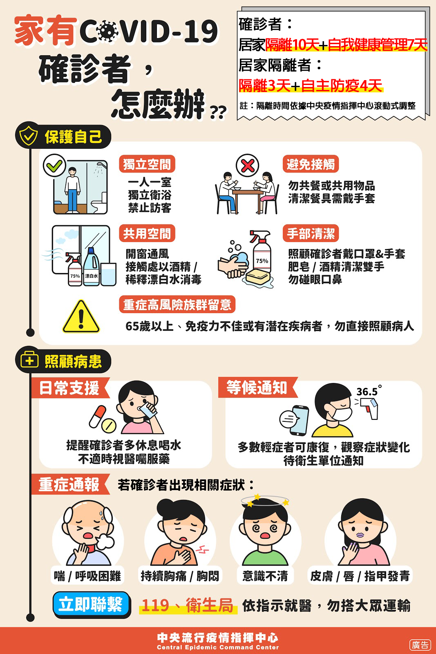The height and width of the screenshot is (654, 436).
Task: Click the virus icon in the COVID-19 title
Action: coord(108,30)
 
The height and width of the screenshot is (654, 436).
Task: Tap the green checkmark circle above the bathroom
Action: coord(54,165)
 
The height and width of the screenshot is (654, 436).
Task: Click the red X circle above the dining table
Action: coord(248,166)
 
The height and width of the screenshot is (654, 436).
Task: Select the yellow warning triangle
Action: coord(81,317)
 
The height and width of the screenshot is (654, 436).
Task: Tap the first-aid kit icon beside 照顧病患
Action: coord(29,360)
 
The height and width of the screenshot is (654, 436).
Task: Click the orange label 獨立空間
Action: coord(147,164)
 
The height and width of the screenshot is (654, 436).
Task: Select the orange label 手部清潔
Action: coord(311,233)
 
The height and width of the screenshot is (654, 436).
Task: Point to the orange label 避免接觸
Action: coord(311,164)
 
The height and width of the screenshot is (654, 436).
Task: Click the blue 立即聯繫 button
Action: coord(92,604)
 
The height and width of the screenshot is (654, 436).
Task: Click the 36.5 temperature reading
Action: coord(369,391)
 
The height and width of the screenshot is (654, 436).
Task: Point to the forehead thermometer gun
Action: coord(369,408)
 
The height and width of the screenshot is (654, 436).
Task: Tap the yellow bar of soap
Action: coord(258,276)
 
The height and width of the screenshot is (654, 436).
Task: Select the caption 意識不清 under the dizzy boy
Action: coord(265,576)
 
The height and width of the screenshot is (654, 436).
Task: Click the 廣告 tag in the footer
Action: coord(420,645)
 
